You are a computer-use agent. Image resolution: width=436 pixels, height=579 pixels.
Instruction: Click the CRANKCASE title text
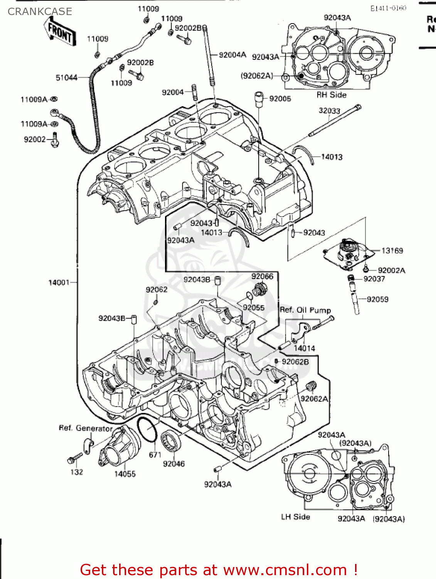pyautogui.click(x=40, y=12)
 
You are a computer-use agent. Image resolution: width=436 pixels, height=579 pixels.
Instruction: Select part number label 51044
pyautogui.click(x=66, y=78)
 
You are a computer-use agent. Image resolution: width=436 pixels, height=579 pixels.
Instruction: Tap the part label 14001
pyautogui.click(x=59, y=283)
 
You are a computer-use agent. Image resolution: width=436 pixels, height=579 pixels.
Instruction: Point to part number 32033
pyautogui.click(x=329, y=111)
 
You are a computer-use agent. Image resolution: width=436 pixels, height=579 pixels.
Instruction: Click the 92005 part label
pyautogui.click(x=280, y=98)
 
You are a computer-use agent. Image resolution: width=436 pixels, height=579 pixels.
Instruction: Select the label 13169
pyautogui.click(x=392, y=251)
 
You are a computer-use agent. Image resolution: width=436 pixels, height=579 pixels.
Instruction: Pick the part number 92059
pyautogui.click(x=377, y=299)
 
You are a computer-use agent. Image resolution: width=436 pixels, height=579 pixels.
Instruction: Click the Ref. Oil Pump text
pyautogui.click(x=305, y=310)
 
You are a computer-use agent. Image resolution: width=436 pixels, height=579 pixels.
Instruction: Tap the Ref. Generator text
pyautogui.click(x=86, y=428)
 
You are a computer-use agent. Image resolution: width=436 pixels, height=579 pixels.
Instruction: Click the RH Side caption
pyautogui.click(x=332, y=95)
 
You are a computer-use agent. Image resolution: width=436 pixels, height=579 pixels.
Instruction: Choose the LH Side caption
pyautogui.click(x=295, y=517)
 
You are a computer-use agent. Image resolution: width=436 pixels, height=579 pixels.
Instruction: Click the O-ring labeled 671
pyautogui.click(x=147, y=430)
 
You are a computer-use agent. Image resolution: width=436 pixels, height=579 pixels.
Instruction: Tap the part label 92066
pyautogui.click(x=262, y=276)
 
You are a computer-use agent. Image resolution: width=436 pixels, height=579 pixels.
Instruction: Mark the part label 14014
pyautogui.click(x=304, y=348)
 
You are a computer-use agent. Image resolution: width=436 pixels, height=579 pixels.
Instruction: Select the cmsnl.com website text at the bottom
pyautogui.click(x=285, y=570)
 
